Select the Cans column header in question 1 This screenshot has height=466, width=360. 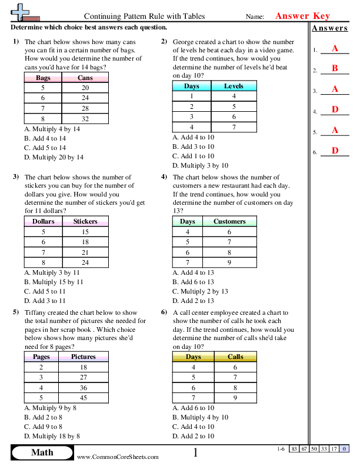[85, 78]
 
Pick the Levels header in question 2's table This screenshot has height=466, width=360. [234, 86]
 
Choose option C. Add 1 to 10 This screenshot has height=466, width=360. [193, 156]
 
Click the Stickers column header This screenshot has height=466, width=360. [85, 222]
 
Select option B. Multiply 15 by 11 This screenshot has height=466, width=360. [54, 282]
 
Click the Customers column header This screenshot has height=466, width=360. [229, 222]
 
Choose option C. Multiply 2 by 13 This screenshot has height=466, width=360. [200, 291]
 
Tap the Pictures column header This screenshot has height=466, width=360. [83, 357]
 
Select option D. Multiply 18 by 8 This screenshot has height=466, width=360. [52, 436]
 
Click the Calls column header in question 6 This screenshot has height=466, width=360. [235, 357]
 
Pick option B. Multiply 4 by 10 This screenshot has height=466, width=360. [200, 417]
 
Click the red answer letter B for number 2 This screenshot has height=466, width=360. [335, 69]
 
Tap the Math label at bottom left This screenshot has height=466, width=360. [42, 452]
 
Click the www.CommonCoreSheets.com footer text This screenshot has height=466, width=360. [118, 457]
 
